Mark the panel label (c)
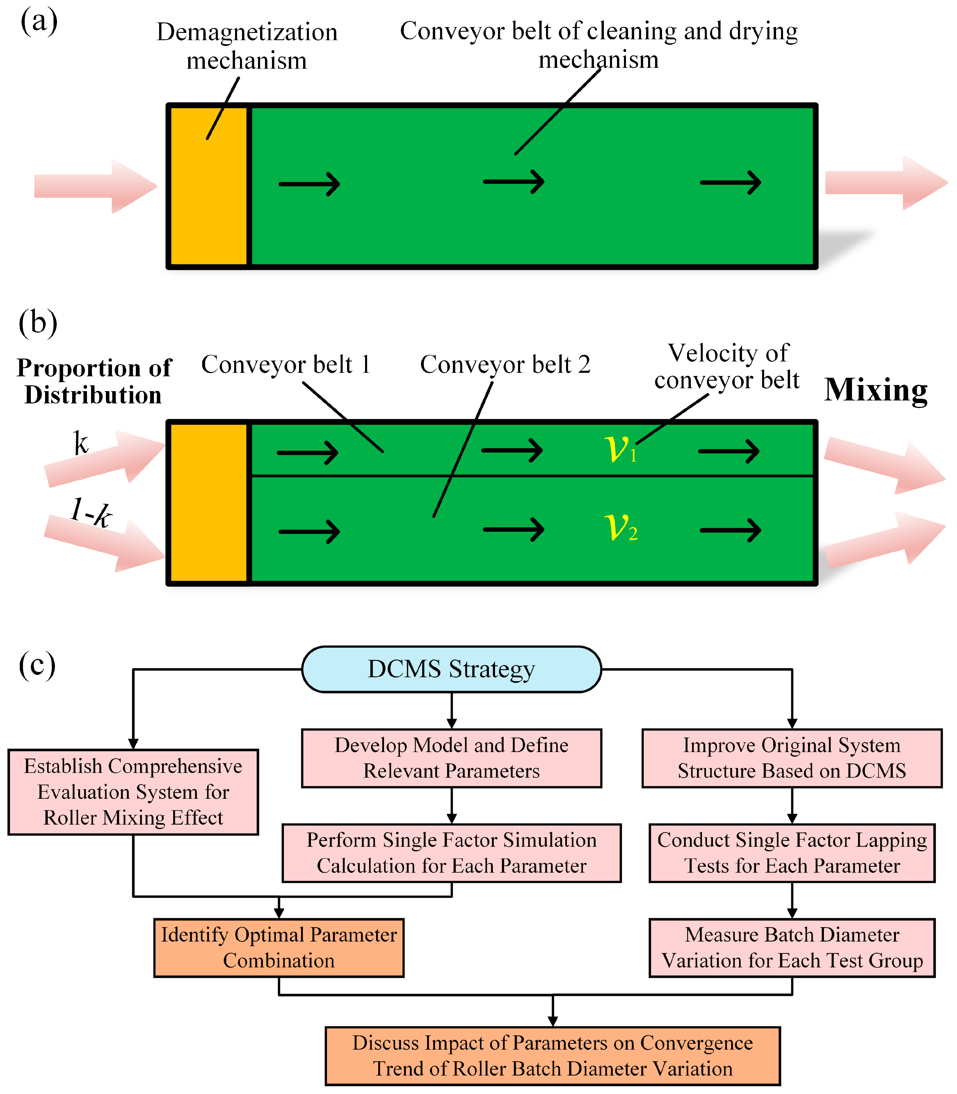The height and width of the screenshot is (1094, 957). (x=37, y=666)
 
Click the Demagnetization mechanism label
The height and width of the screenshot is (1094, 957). (x=247, y=46)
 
